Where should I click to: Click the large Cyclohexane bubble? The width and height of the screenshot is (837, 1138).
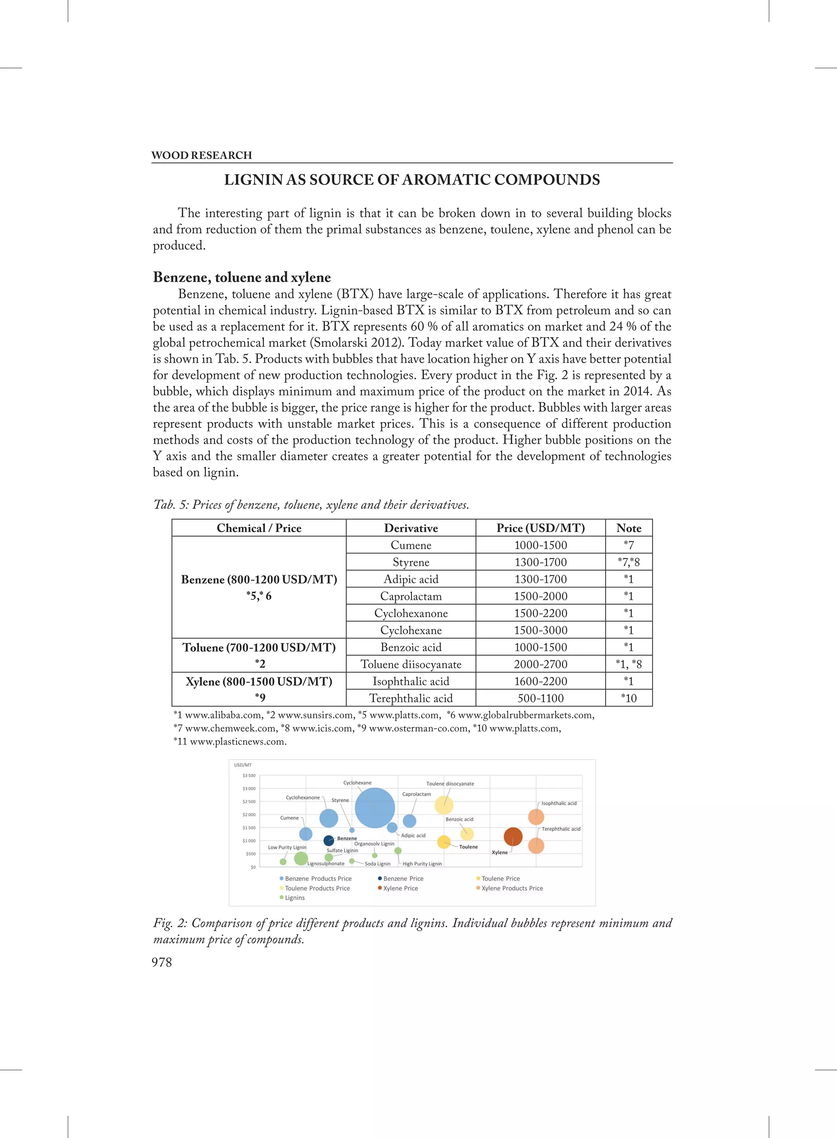(374, 808)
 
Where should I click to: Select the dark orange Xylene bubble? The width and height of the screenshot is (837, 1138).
(513, 836)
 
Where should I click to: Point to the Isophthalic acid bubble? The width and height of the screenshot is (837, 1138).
(536, 817)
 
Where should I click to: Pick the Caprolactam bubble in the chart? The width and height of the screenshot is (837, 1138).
(410, 821)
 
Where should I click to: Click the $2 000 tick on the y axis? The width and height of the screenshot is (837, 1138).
(249, 815)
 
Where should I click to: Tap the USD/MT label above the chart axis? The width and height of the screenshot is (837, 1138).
(243, 765)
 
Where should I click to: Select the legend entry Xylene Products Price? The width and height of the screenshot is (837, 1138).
(512, 888)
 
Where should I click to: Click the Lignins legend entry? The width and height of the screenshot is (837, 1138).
(294, 898)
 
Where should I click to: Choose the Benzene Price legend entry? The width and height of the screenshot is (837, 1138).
(403, 878)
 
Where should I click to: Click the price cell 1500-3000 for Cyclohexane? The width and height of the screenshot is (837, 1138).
(540, 630)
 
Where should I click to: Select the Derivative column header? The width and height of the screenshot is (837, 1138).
(410, 528)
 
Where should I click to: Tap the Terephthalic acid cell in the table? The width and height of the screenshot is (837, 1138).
(410, 698)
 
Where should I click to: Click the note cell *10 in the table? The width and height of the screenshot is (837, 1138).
(628, 698)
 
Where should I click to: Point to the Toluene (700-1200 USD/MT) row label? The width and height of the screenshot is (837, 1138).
(259, 647)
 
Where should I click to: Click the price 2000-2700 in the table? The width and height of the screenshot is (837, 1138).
(540, 664)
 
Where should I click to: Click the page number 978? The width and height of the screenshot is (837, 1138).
(161, 962)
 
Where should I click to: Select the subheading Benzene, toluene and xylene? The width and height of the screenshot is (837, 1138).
(242, 277)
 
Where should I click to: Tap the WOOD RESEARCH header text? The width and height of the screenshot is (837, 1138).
(201, 155)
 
